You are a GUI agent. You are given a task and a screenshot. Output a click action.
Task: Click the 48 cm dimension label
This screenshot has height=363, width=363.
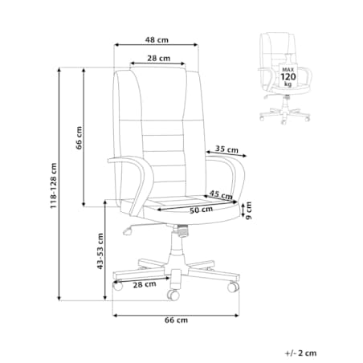(157, 40)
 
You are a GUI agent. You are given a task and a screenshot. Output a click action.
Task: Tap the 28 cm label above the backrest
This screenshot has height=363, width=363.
(159, 58)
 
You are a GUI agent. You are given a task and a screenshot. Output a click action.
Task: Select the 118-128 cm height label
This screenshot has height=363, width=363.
(54, 186)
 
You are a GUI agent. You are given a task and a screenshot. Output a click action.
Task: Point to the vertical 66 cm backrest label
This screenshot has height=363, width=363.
(80, 138)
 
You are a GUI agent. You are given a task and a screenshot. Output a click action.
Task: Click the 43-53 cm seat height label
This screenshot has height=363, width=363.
(100, 251)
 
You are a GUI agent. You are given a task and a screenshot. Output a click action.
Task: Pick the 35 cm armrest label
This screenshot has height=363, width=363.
(226, 149)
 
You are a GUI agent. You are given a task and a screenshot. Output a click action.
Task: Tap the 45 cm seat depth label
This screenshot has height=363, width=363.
(221, 194)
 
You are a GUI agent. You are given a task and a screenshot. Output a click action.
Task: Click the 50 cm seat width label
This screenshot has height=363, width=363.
(202, 210)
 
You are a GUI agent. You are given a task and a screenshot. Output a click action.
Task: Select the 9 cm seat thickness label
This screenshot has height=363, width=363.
(249, 210)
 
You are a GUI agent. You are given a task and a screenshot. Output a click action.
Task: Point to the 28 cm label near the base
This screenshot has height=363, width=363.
(145, 284)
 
